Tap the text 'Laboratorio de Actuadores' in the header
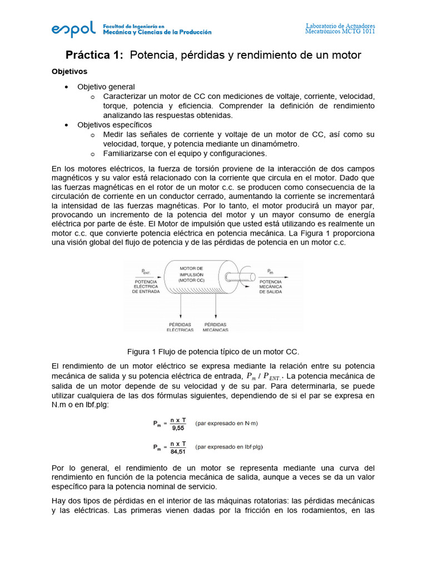(340, 26)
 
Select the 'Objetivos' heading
(69, 72)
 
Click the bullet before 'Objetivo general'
(67, 87)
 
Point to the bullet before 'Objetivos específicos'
(67, 125)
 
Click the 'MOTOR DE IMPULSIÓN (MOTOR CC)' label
(191, 274)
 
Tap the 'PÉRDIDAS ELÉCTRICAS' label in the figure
(180, 327)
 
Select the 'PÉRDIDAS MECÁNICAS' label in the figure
(216, 327)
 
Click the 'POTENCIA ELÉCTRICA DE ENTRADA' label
(146, 286)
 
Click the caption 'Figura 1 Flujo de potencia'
(213, 352)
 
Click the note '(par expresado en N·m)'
(227, 423)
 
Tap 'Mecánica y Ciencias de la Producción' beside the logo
(157, 32)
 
